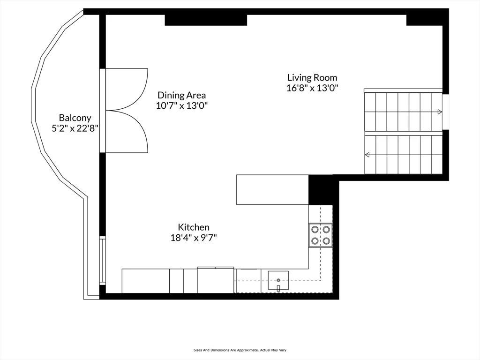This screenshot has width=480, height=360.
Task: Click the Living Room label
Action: click(x=312, y=78)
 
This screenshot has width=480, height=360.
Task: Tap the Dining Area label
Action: click(x=181, y=95)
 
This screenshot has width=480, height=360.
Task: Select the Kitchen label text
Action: click(x=193, y=227)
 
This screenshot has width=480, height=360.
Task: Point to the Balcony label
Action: click(x=75, y=118)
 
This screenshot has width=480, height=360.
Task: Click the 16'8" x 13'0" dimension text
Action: click(x=312, y=88)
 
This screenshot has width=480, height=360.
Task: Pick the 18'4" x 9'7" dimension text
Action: click(x=193, y=238)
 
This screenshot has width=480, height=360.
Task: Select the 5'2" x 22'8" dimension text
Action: click(x=75, y=128)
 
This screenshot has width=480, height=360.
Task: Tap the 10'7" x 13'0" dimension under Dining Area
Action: click(x=181, y=105)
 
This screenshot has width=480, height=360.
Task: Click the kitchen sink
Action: click(x=278, y=281)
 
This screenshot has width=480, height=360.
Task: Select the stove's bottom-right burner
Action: click(x=326, y=241)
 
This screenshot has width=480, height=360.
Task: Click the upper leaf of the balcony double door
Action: click(x=126, y=90)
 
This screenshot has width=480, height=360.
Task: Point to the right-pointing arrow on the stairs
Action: click(x=439, y=112)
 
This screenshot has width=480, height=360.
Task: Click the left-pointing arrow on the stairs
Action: click(x=367, y=155)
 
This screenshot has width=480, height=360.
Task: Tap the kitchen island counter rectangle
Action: click(x=272, y=189)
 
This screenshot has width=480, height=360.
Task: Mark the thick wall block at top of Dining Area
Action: click(x=206, y=20)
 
